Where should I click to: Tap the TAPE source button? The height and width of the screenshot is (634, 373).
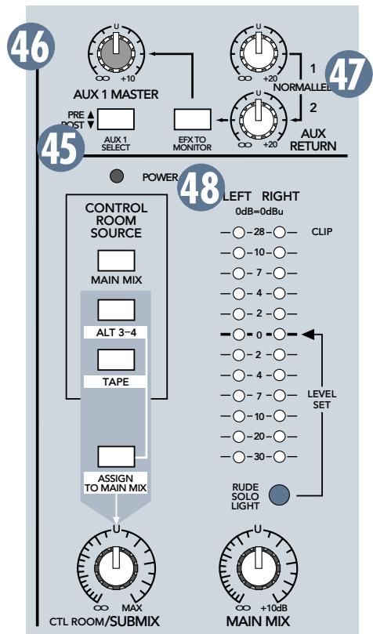point(115,360)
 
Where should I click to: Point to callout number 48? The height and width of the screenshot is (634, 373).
point(200,190)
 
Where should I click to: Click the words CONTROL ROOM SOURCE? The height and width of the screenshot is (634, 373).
point(115,220)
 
